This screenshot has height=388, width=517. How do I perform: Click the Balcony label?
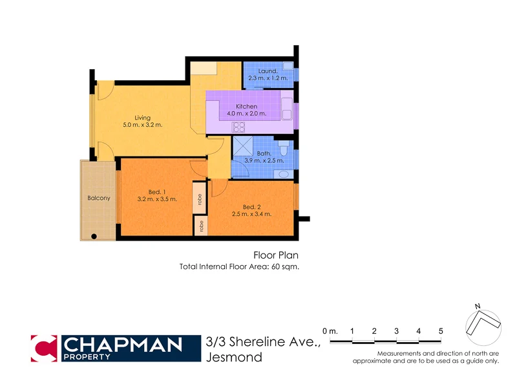tap(99, 198)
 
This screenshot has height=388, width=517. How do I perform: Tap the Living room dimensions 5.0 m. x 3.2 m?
tap(143, 125)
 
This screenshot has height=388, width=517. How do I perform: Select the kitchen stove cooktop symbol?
tap(240, 127)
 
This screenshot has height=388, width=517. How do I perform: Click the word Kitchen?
tap(247, 107)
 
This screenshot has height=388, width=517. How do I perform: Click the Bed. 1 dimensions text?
tap(157, 199)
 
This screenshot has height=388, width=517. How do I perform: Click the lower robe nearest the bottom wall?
tap(202, 226)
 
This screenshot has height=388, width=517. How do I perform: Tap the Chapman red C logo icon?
tap(45, 348)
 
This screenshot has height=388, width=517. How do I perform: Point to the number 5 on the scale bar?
tap(441, 331)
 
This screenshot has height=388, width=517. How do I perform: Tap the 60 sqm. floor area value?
tap(284, 266)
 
